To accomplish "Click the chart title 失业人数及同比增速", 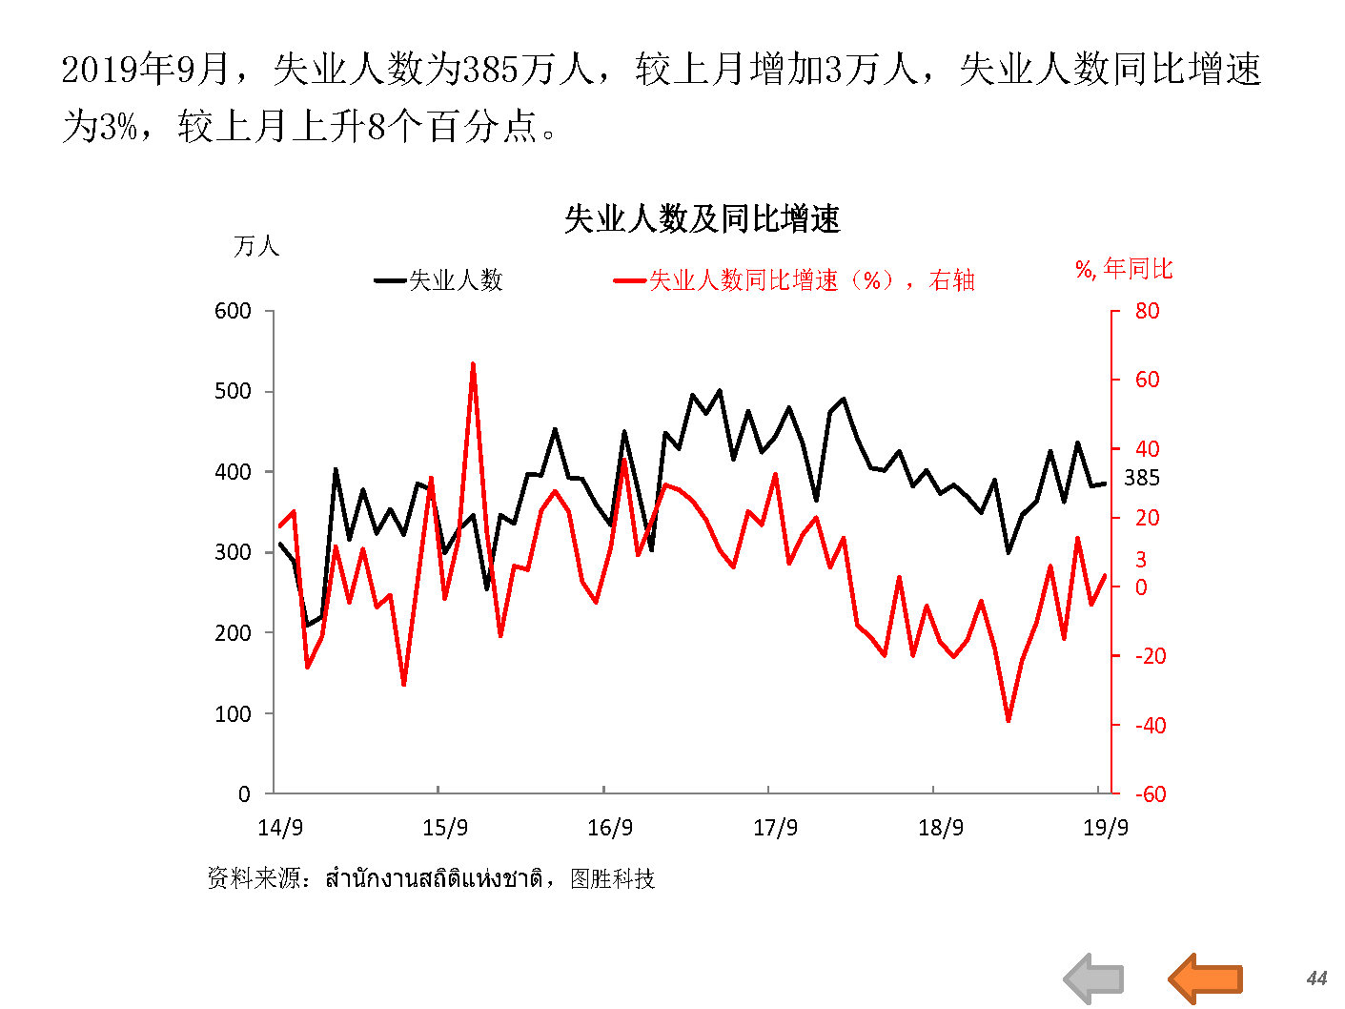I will coord(702,219).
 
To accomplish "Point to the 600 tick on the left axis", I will coord(234,311).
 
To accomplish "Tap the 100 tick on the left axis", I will coord(234,713).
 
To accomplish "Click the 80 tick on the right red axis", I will coord(1147,311).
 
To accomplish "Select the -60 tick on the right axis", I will coord(1150,794).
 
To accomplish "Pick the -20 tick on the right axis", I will coord(1150,656).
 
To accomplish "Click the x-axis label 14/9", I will coord(280,827).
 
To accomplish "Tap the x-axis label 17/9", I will coord(775,827).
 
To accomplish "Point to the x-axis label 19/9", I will coord(1106,827).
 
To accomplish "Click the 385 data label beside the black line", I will coord(1142,478).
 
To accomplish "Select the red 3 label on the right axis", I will coord(1140,560).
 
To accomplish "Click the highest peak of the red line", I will coord(473,364).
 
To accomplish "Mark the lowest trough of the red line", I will coord(1009,720).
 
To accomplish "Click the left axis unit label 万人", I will coord(256,246).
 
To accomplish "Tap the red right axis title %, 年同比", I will coord(1124,270).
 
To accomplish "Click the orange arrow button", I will coord(1206,978).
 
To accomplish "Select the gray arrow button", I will coord(1094,978).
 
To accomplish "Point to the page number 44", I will coord(1316,978).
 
